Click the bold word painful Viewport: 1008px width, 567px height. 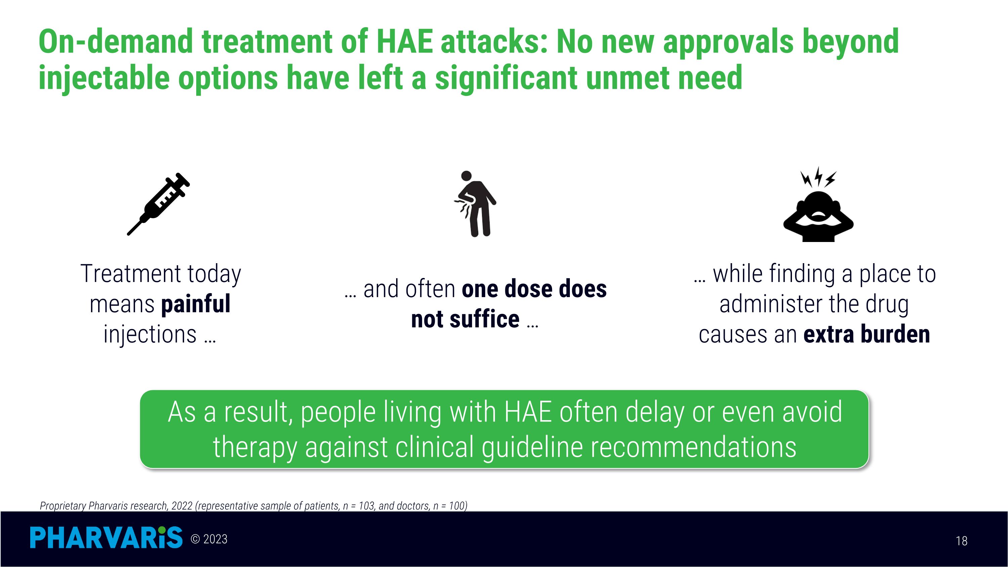coord(196,305)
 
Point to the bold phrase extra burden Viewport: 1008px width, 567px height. coord(866,334)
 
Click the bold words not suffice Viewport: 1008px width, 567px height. coord(465,319)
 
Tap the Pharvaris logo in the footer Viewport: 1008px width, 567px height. coord(107,537)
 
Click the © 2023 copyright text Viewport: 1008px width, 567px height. coord(209,539)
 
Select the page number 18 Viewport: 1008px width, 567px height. coord(961,541)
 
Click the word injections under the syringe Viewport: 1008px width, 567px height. coord(150,334)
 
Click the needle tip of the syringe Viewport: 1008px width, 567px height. coord(128,234)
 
